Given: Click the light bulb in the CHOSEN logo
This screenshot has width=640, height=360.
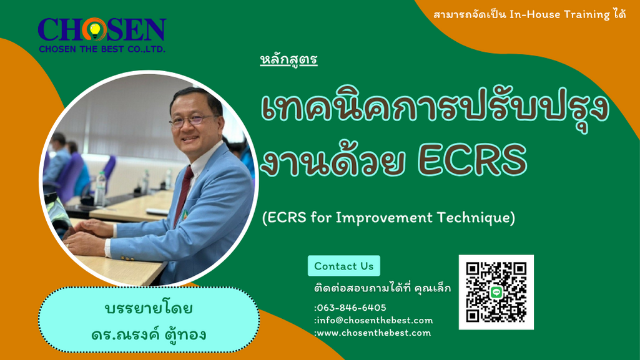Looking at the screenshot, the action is [95, 31].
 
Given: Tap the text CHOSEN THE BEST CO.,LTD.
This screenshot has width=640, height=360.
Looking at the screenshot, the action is [102, 49].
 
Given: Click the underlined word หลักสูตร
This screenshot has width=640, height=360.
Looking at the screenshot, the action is [288, 60].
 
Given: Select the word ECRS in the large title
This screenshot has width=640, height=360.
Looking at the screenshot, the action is [472, 160].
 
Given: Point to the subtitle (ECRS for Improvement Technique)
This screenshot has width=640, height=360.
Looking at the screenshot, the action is [388, 217].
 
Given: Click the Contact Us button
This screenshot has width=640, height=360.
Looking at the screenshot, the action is [343, 266].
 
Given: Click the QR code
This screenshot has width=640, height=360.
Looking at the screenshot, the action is [496, 292].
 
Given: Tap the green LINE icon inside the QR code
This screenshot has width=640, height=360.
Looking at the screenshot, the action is [496, 292].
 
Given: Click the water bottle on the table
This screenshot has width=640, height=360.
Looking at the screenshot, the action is [100, 189].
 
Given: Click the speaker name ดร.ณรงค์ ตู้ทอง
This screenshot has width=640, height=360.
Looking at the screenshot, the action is [149, 335].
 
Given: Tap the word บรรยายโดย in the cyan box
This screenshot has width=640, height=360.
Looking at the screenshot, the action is [149, 308].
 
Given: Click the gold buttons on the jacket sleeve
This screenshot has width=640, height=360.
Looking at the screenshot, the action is [128, 258].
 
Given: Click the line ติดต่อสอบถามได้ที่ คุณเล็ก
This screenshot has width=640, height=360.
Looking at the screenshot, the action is [383, 288].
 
